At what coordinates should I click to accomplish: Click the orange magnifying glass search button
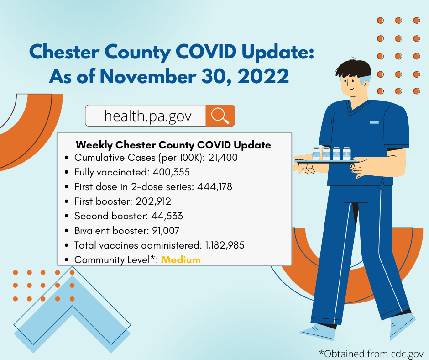pos(220,116)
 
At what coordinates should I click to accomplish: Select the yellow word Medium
pos(181,260)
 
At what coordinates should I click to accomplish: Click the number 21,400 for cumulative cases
pos(223,158)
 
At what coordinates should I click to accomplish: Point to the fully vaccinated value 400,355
pos(171,172)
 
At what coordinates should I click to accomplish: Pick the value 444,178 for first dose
pos(215,186)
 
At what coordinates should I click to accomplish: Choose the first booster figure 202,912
pos(153,201)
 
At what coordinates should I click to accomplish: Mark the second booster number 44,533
pos(167,216)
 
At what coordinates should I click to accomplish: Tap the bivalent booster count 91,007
pos(166,230)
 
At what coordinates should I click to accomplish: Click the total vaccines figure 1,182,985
pos(225,245)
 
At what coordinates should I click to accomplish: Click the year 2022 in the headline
pos(263,76)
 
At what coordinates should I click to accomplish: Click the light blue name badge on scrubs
pos(374,122)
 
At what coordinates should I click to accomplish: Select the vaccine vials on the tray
pos(331,154)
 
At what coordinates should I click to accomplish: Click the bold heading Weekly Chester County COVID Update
pos(173,145)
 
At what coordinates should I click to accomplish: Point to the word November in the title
pos(148,76)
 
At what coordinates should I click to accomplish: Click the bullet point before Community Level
pos(67,260)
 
